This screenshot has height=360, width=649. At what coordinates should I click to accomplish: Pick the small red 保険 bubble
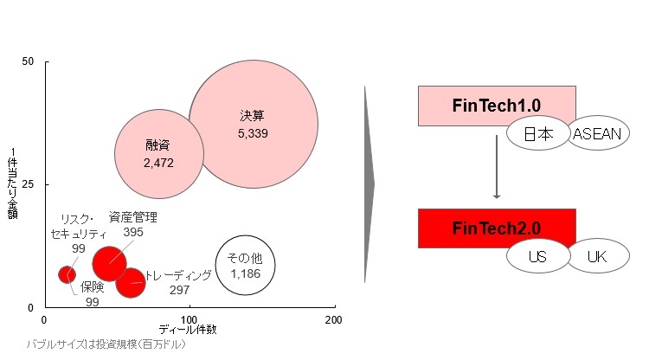(x=67, y=274)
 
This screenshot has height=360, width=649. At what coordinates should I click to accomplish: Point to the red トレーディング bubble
(x=131, y=281)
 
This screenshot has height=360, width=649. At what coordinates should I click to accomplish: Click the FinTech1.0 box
(x=496, y=105)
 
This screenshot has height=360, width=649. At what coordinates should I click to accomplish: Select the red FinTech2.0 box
(x=496, y=228)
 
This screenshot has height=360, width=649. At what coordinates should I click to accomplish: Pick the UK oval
(x=597, y=256)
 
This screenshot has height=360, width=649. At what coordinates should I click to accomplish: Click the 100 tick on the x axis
(x=190, y=320)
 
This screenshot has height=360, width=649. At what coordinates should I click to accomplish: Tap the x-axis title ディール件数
(x=190, y=330)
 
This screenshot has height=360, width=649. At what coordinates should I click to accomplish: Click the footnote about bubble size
(x=106, y=344)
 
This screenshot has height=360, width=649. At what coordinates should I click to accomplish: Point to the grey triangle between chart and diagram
(x=369, y=183)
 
